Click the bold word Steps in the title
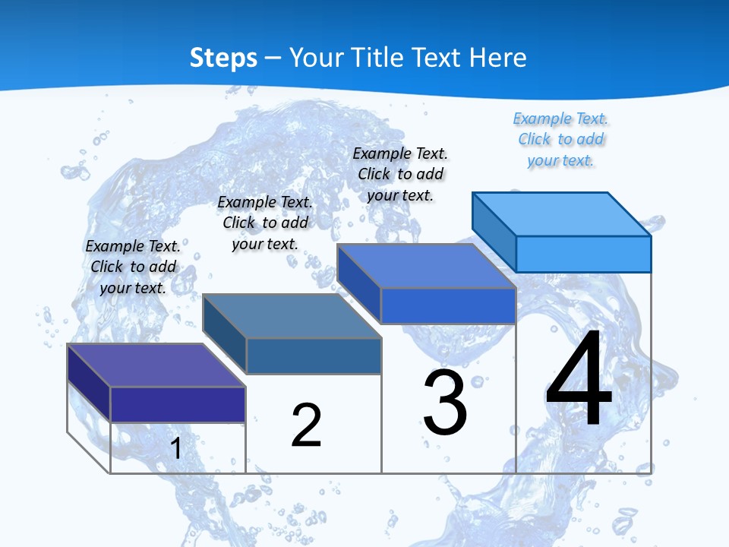point(223,58)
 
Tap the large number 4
point(579,380)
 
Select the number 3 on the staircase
point(445,403)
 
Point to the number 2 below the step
point(306,425)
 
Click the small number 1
point(175,448)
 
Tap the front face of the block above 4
point(583,254)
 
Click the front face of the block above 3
point(448,305)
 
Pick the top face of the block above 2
point(292,316)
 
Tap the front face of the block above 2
point(314,356)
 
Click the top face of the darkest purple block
point(156,365)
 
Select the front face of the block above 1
point(178,404)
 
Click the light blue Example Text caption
point(560,140)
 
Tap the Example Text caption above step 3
point(400,174)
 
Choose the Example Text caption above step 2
point(265,223)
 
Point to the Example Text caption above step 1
point(133,267)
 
